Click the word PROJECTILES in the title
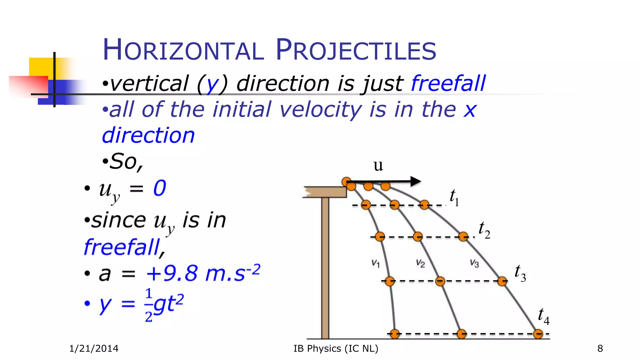click(x=356, y=50)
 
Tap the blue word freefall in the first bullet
click(x=448, y=83)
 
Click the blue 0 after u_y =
click(x=160, y=188)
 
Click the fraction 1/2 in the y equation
click(x=149, y=305)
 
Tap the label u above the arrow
click(x=378, y=165)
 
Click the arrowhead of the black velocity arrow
click(x=416, y=181)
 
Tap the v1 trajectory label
click(x=376, y=263)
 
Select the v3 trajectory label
click(x=474, y=263)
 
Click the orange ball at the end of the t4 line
click(x=538, y=334)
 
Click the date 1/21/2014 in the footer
click(x=94, y=348)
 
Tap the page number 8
click(x=600, y=348)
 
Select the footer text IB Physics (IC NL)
click(x=336, y=348)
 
